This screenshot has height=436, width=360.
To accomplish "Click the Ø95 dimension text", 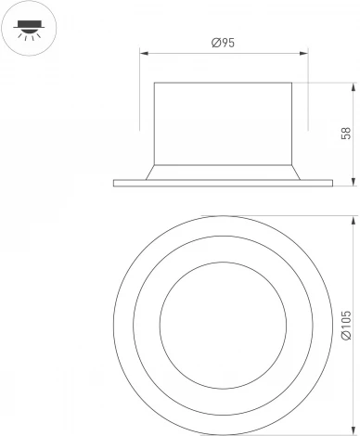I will tap(222, 44).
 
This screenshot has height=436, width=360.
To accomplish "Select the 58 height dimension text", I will tap(345, 133).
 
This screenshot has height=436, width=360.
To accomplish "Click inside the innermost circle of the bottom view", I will tap(222, 322).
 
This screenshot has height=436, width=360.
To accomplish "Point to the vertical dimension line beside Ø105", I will tap(356, 278).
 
